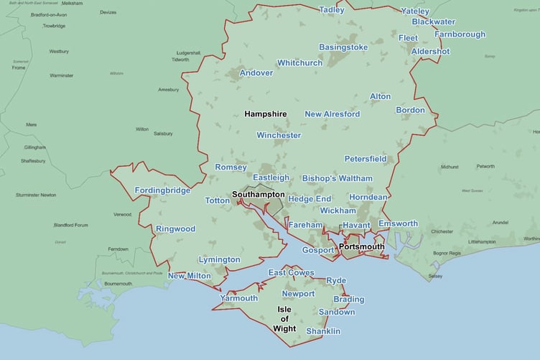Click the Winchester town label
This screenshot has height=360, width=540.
[x=279, y=135]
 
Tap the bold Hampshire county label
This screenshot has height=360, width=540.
[x=265, y=114]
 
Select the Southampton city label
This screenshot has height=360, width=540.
[x=259, y=195]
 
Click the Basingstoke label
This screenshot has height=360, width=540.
[x=343, y=47]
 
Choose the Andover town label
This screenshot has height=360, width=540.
[x=256, y=73]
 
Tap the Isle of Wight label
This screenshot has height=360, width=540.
[x=284, y=319]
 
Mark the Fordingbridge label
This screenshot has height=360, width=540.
[x=162, y=190]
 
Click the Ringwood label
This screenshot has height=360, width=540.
[x=175, y=229]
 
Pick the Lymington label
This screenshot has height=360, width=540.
[x=218, y=259]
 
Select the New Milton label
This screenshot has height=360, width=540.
[x=190, y=276]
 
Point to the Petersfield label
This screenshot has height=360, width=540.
[x=366, y=158]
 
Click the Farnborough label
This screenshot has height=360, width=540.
[x=459, y=34]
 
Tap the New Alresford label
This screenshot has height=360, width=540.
[x=332, y=114]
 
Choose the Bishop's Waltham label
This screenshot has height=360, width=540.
[x=337, y=177]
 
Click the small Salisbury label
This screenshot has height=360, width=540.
[x=163, y=134]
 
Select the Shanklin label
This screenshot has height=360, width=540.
[x=322, y=331]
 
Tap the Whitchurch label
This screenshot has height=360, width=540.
[x=300, y=63]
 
